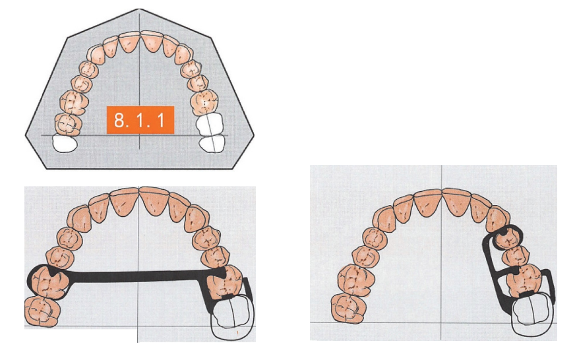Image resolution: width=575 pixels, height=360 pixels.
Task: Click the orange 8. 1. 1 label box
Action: (x=140, y=120)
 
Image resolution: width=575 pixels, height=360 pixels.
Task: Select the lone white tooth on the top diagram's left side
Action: (x=65, y=143)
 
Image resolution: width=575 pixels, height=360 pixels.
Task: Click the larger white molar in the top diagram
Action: (x=210, y=123)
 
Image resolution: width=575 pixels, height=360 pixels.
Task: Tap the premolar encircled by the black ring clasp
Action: (x=508, y=238)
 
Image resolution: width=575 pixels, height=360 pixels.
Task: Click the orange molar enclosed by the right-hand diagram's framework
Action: (x=525, y=281)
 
